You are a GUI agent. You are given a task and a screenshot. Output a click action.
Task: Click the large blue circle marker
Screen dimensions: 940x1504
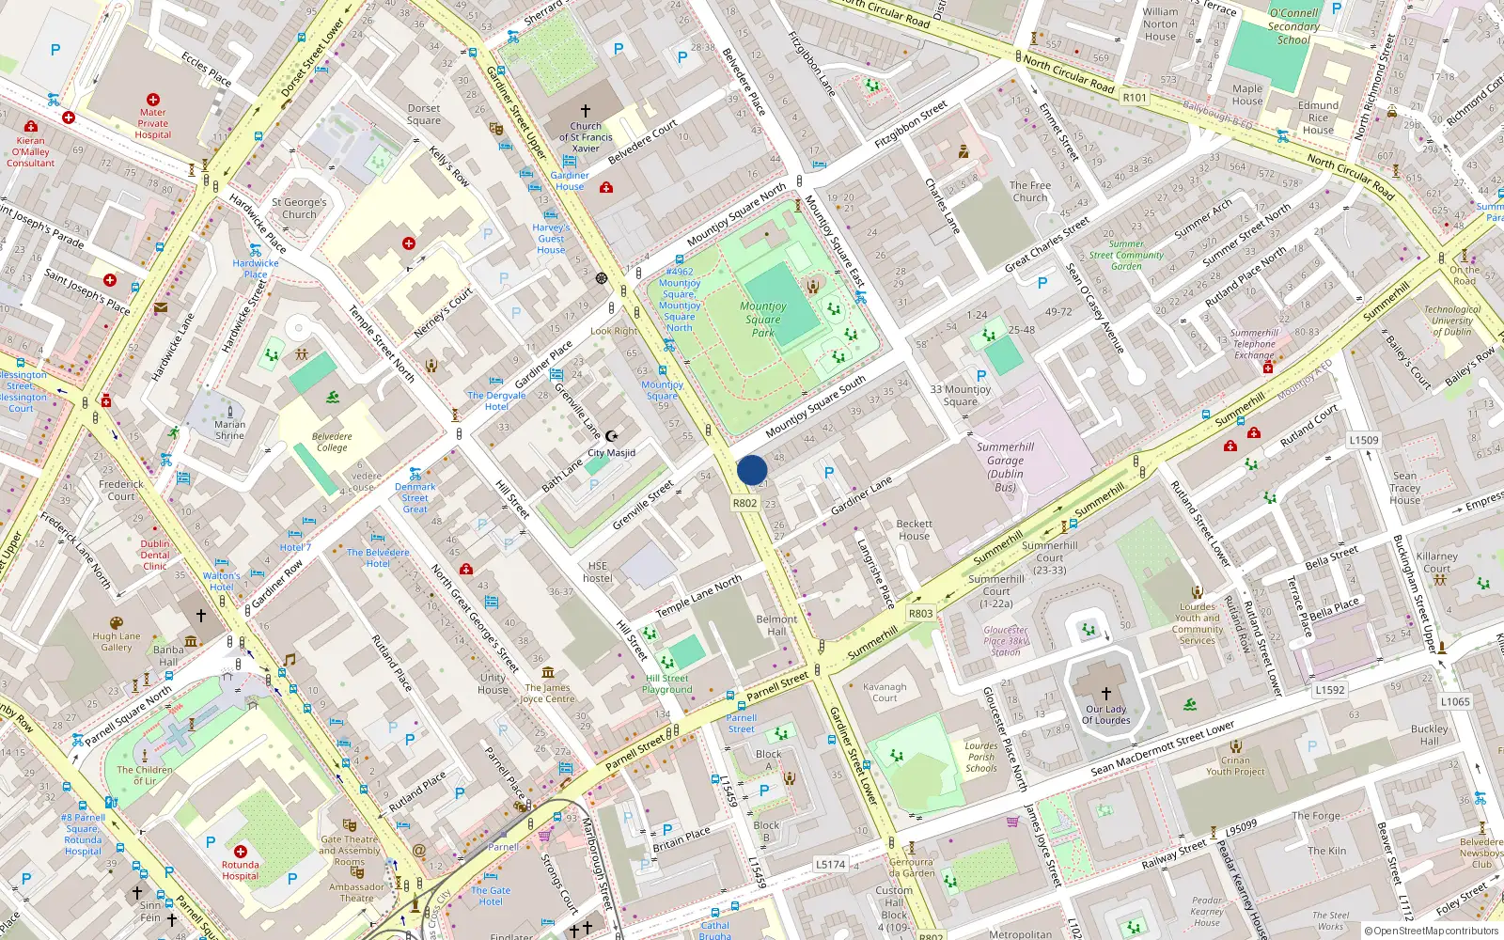pos(752,470)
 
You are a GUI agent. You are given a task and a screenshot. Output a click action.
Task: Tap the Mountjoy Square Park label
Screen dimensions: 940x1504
pos(763,319)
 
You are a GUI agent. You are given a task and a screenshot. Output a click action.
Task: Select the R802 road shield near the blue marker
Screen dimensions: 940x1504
pos(744,503)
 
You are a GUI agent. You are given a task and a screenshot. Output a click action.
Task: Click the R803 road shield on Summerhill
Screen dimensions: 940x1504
pos(920,614)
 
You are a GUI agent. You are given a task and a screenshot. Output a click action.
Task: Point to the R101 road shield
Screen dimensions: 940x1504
pos(1135,98)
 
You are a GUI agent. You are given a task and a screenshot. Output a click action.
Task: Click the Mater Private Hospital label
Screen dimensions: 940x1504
pos(153,123)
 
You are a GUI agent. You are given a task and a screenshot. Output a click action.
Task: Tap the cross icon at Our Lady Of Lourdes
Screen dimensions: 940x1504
pos(1106,694)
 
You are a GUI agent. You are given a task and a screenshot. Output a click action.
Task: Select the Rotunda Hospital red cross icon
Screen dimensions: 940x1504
pos(241,852)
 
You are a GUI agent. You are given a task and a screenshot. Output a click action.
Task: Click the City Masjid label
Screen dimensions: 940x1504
pos(611,453)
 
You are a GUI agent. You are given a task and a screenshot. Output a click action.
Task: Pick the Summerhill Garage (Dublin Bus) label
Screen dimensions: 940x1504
pos(1005,467)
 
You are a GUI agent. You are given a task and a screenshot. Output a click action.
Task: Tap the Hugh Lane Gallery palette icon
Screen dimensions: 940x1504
pos(117,623)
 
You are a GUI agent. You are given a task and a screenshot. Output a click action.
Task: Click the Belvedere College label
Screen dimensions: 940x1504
pos(332,442)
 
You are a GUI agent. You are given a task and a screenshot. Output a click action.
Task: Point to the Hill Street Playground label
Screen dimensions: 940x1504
pos(666,683)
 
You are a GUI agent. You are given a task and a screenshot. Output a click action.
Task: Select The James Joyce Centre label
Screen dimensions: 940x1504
pos(547,693)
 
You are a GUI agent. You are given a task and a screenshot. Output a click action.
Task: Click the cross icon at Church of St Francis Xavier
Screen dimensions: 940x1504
pos(586,111)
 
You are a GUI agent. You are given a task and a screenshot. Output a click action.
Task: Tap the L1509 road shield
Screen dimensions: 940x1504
pos(1363,440)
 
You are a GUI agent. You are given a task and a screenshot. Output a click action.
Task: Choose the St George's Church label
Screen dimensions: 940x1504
pos(299,208)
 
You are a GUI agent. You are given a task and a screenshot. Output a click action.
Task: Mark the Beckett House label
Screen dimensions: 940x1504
pos(914,530)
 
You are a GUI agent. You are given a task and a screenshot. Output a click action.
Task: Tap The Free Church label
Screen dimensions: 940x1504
pos(1030,192)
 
